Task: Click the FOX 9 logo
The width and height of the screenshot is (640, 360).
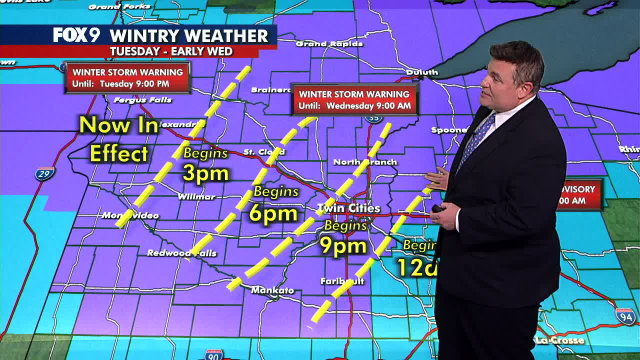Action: click(76, 35)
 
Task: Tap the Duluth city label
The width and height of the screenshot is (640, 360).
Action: click(422, 72)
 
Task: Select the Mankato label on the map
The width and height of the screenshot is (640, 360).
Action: click(272, 290)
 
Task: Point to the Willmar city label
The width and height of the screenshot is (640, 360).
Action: click(196, 196)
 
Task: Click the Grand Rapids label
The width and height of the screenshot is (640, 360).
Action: click(329, 44)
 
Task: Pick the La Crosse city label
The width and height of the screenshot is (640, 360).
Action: click(559, 340)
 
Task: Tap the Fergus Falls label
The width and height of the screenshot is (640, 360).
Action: click(142, 100)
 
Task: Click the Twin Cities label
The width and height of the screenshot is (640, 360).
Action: click(349, 208)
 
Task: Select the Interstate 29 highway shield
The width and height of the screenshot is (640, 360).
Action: click(44, 173)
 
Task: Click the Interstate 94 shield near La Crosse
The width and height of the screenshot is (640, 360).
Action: click(625, 315)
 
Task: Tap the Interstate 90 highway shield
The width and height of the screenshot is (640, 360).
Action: click(213, 354)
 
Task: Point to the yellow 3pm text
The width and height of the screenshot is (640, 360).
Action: click(205, 173)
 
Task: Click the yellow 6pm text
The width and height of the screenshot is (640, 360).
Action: click(273, 213)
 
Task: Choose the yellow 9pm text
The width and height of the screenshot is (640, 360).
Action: click(343, 245)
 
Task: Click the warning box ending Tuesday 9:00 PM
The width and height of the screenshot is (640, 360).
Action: click(127, 77)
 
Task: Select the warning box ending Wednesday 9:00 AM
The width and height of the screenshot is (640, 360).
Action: click(354, 99)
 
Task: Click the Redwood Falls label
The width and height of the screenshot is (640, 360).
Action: click(181, 253)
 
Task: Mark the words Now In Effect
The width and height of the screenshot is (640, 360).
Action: click(119, 139)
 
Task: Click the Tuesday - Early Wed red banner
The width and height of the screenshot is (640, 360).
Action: click(171, 51)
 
